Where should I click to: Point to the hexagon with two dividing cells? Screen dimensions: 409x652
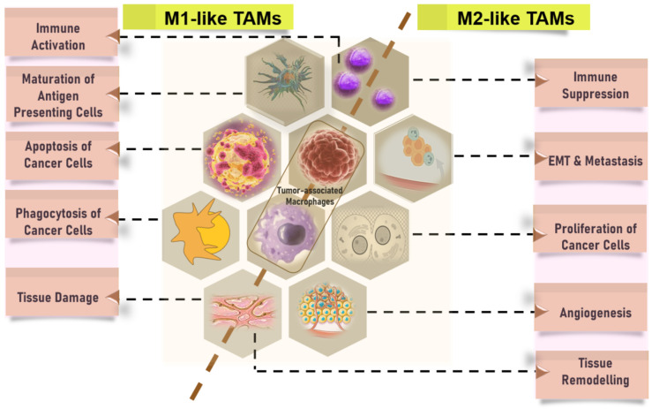[x=371, y=234]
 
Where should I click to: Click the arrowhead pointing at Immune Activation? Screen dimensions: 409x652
[x=114, y=37]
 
